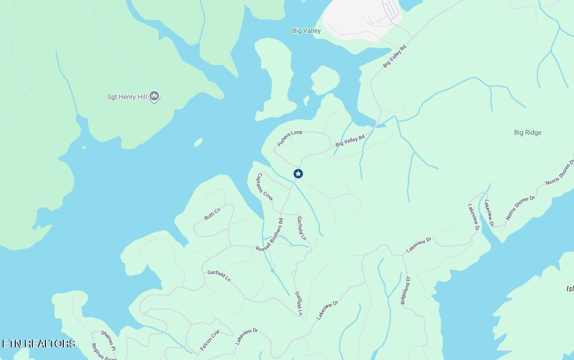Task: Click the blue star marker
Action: pos(298,174)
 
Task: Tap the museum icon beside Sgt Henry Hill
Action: pos(154,97)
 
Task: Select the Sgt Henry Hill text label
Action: pos(127,97)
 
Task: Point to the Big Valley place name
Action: pos(306,31)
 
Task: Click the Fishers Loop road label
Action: pos(290,138)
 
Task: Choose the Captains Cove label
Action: pos(264,187)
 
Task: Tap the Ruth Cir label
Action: pos(212,214)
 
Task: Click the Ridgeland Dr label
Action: pos(405,291)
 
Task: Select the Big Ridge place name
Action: pos(528,133)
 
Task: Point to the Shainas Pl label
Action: pos(108,341)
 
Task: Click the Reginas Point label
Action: pos(104,352)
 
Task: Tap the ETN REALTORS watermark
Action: pos(39,344)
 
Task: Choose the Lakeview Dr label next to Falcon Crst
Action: pos(247,337)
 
